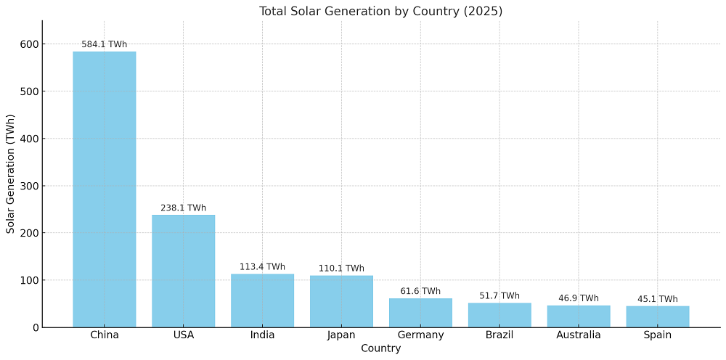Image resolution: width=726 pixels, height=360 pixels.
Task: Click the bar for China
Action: pos(104,189)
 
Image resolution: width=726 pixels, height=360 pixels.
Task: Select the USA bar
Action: pos(183,271)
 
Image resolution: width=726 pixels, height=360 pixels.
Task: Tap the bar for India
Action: pos(262,300)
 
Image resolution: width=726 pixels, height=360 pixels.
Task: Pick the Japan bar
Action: pos(341,301)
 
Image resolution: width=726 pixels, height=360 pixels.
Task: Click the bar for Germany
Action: pos(420,313)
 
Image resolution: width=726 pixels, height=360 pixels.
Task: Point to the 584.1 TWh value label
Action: pos(104,44)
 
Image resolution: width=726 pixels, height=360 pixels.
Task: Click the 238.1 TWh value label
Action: pos(183,208)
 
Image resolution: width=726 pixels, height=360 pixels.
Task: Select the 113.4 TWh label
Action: pos(262,266)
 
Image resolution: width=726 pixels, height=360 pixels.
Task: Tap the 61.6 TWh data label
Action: pos(420,291)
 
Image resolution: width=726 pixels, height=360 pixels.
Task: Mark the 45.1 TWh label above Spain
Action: pos(658,299)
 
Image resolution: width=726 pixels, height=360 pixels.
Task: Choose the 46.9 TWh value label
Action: pos(579,298)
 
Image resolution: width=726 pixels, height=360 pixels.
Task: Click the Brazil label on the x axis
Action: pos(499,335)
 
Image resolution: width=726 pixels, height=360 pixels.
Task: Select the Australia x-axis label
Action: pos(579,335)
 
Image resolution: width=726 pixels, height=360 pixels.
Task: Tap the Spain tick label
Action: pos(658,335)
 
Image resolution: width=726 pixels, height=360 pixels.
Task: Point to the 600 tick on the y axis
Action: pos(29,44)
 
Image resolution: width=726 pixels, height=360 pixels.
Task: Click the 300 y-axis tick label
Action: pos(29,186)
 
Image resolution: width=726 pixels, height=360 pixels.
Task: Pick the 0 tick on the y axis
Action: pos(35,327)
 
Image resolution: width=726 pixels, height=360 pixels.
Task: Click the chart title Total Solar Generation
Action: pos(380,11)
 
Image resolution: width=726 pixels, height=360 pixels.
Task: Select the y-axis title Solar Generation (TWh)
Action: pos(11,174)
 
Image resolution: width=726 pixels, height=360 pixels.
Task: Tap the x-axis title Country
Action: pos(380,348)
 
